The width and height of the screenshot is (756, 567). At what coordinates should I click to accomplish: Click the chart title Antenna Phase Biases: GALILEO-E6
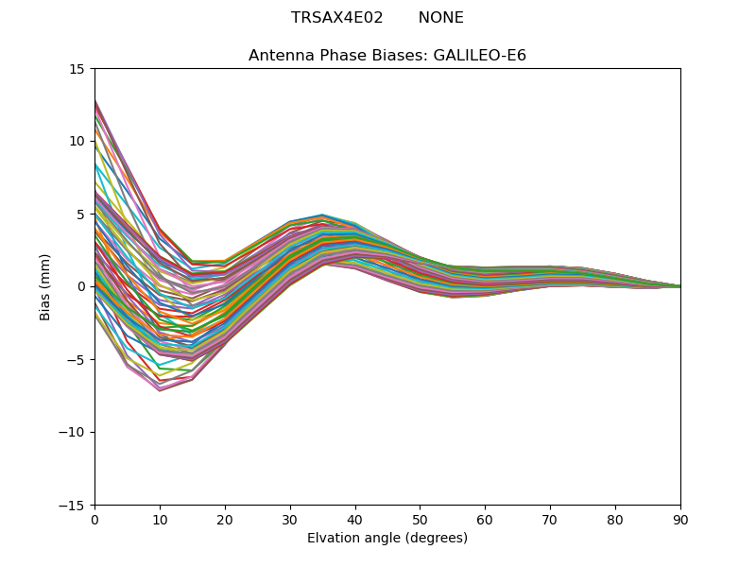point(387,56)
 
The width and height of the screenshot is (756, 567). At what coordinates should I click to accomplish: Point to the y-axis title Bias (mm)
point(45,286)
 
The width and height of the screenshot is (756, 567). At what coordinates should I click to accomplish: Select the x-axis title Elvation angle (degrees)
point(387,539)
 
